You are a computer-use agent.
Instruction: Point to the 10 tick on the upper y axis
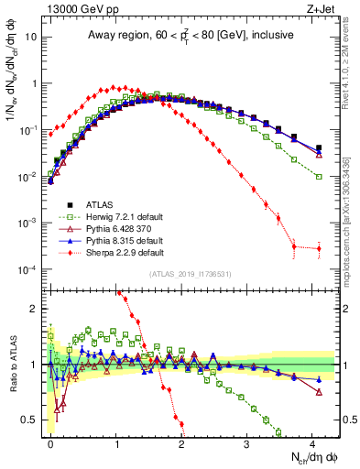(x=34, y=37)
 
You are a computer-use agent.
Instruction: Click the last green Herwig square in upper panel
(x=319, y=176)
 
